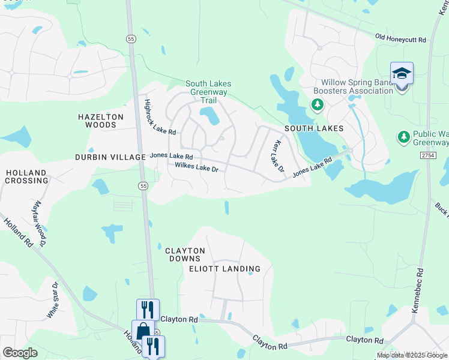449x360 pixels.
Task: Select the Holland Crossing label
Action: [26, 176]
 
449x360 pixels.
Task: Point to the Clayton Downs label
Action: [185, 254]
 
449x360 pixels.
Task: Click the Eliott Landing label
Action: [224, 269]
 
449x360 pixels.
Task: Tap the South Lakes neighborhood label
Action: [314, 128]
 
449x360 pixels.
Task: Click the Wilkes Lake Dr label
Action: [196, 168]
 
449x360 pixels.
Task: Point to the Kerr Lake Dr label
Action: [277, 157]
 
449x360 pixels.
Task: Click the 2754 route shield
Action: [427, 155]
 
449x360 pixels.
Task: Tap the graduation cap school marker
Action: [402, 74]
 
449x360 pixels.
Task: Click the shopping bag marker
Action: [143, 332]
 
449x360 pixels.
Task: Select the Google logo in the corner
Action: [20, 353]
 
